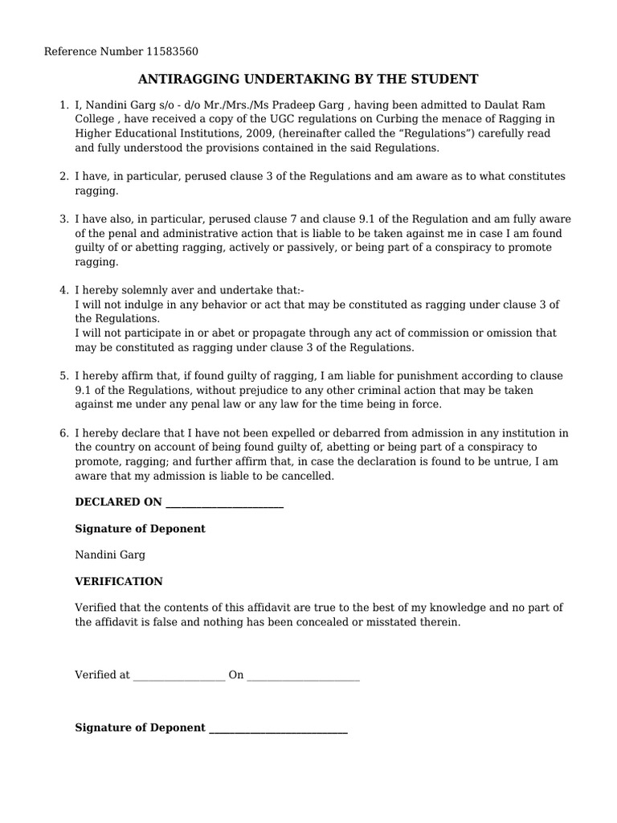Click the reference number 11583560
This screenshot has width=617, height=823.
coord(172,52)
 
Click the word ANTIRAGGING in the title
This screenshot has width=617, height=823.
coord(186,79)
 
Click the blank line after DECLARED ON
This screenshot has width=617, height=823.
coord(223,503)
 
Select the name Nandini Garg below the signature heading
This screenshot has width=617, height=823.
coord(110,555)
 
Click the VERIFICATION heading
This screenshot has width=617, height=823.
coord(119,581)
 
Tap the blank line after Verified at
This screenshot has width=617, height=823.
coord(178,676)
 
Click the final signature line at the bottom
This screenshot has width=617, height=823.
coord(277,728)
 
